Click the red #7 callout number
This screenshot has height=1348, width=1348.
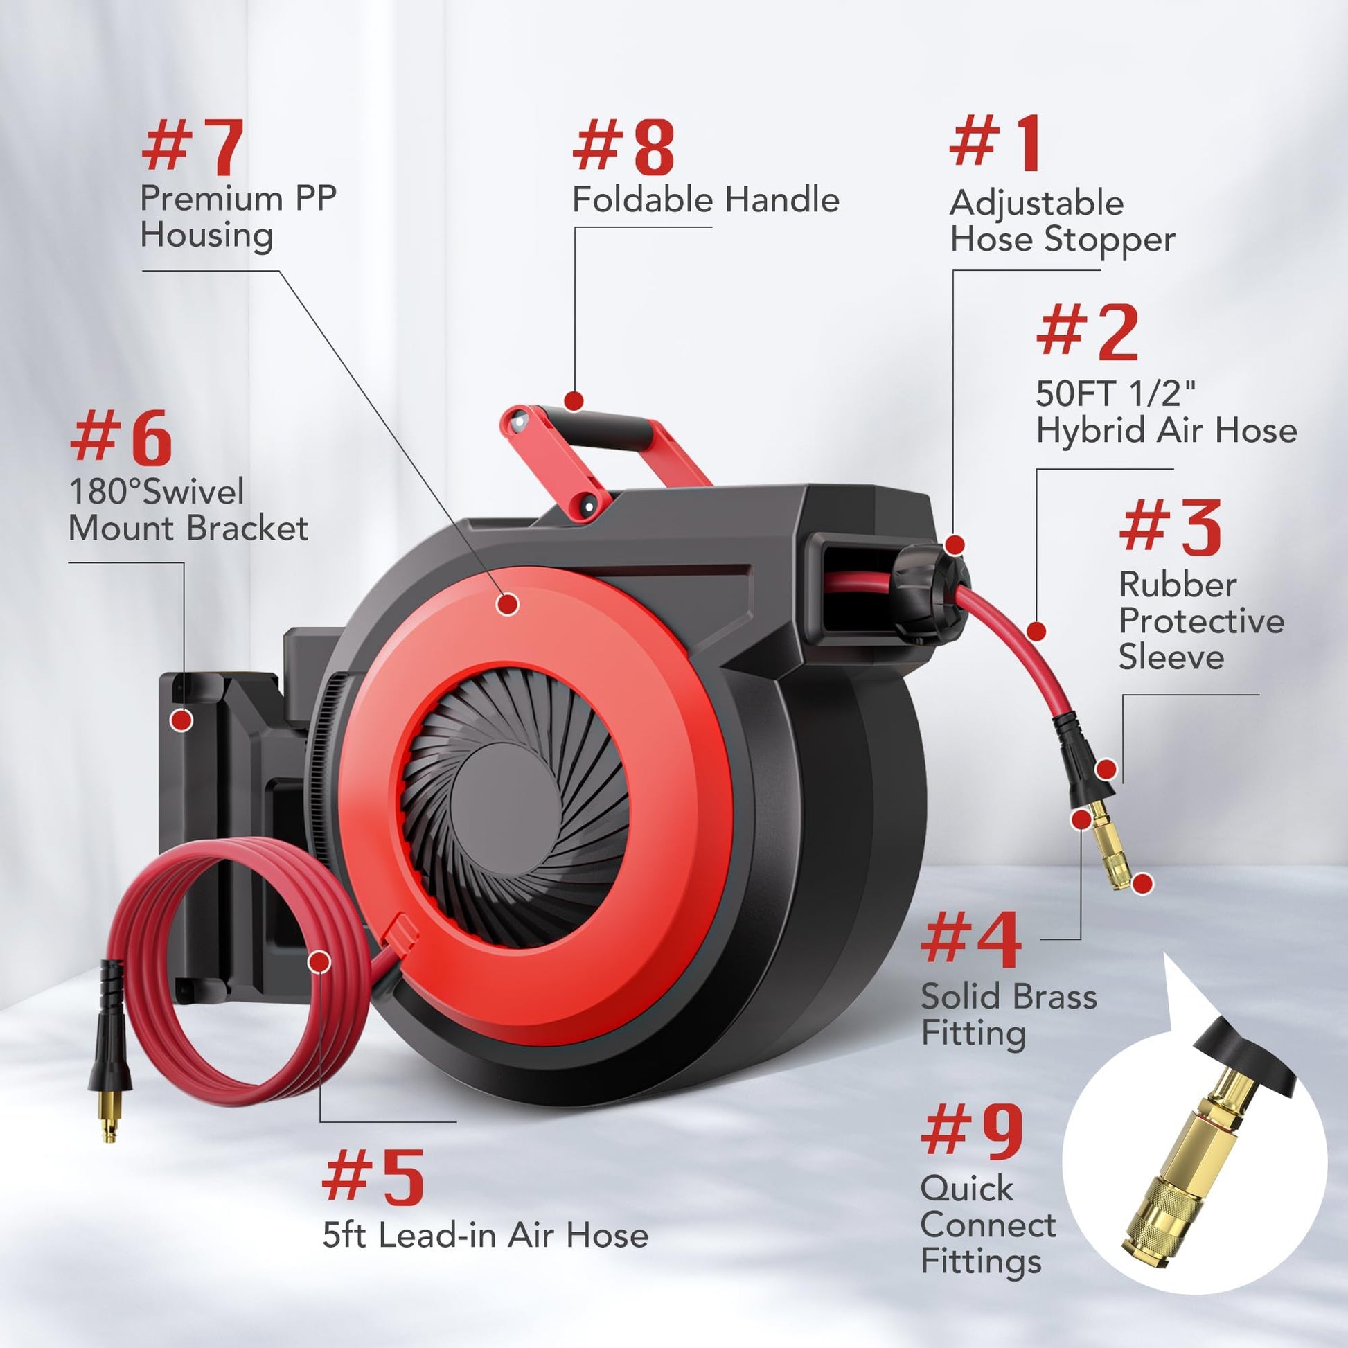click(193, 147)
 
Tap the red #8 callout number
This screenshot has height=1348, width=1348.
click(623, 147)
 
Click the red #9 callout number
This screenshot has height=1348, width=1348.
click(972, 1133)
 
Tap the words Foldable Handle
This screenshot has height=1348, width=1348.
click(705, 200)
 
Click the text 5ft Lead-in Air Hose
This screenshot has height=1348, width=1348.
click(485, 1236)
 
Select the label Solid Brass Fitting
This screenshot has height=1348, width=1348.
click(1008, 1016)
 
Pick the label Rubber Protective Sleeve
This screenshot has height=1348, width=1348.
click(1201, 621)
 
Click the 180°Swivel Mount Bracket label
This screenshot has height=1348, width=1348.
click(188, 510)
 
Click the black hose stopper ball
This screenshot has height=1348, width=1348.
click(932, 592)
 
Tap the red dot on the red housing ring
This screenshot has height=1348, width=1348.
click(508, 603)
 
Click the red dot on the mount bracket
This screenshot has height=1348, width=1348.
click(182, 720)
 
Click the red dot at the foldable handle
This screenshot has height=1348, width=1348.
click(574, 401)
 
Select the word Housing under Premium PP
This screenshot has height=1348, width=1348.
click(206, 236)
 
